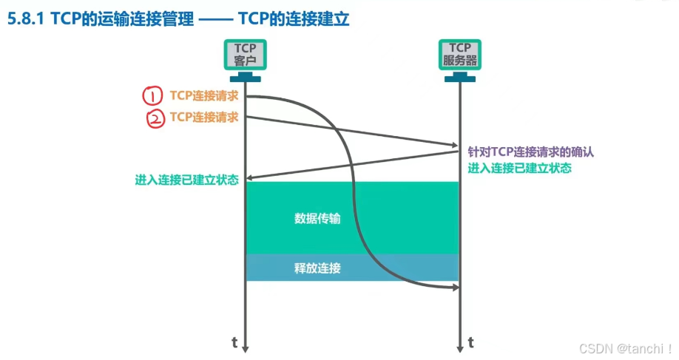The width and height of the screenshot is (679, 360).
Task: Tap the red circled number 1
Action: tap(152, 96)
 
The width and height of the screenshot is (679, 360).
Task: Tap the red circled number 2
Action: tap(155, 118)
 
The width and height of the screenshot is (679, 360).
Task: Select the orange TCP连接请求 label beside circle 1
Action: tap(203, 96)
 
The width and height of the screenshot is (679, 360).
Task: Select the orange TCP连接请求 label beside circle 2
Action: tap(203, 117)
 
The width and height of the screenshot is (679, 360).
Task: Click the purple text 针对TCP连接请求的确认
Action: tap(531, 152)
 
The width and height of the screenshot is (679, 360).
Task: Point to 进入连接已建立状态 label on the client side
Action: tap(186, 180)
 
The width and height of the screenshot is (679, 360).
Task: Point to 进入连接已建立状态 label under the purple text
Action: tap(519, 168)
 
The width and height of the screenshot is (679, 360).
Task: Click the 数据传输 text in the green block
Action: tap(317, 218)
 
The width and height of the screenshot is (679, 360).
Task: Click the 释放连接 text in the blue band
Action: tap(317, 268)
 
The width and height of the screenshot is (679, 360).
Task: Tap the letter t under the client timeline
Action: tap(234, 342)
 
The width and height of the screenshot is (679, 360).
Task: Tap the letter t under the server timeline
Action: tap(471, 342)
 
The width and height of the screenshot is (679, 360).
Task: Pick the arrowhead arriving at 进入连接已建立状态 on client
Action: tap(250, 178)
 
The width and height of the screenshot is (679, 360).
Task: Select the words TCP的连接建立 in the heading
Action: tap(294, 20)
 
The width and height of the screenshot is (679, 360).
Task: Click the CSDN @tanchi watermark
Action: tap(625, 347)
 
